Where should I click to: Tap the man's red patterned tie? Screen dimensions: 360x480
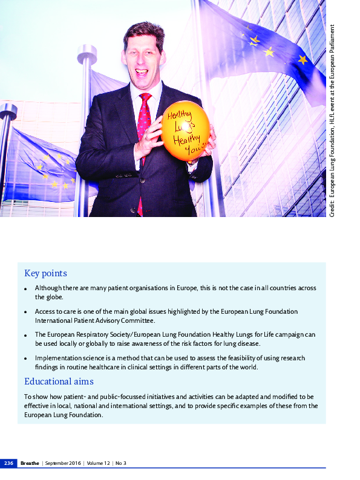click(144, 121)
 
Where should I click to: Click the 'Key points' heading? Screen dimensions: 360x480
click(45, 273)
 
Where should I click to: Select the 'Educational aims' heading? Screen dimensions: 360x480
click(59, 381)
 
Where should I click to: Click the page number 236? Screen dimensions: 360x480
click(8, 464)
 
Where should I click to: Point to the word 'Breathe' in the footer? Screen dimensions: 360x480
click(30, 464)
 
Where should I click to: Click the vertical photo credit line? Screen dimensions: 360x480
click(333, 121)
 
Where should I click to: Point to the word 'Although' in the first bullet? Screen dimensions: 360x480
click(47, 288)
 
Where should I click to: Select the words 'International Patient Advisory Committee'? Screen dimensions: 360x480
click(95, 320)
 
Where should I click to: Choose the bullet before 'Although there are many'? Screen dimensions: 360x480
click(25, 289)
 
